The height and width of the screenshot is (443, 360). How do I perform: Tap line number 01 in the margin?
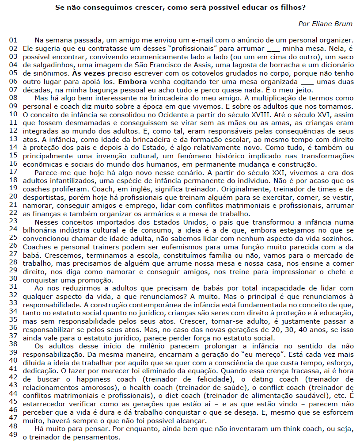13,40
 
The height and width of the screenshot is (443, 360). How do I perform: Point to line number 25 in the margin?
13,237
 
